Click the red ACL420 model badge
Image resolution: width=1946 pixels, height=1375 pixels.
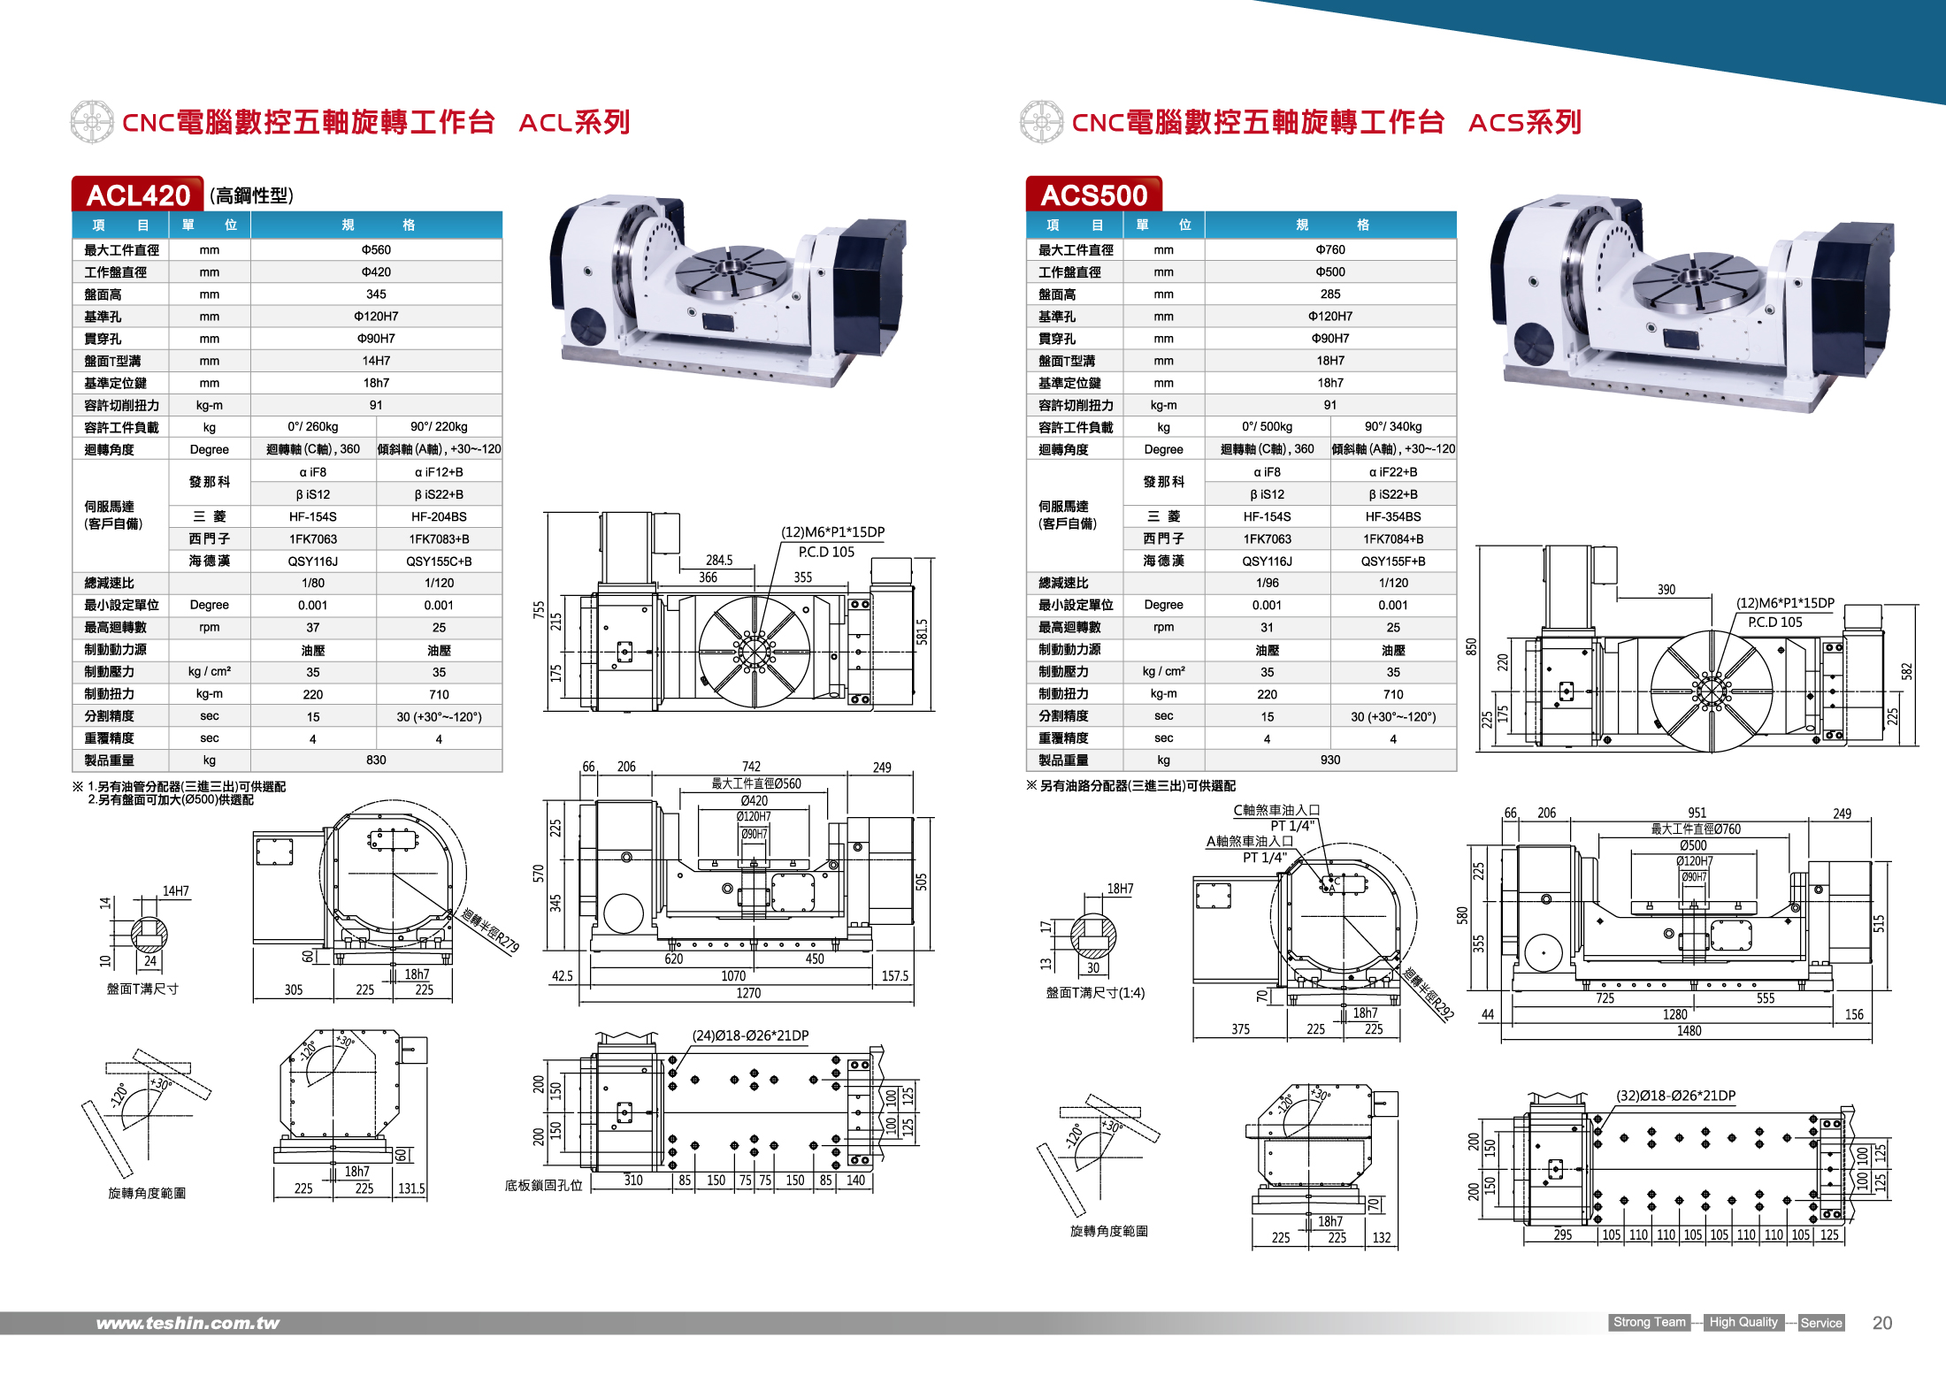tap(138, 195)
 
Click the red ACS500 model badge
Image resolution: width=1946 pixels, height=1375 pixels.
tap(1093, 195)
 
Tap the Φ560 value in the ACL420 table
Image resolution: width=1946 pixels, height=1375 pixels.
tap(376, 250)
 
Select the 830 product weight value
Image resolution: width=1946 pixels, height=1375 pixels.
tap(376, 760)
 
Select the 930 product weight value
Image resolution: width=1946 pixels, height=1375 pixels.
tap(1329, 760)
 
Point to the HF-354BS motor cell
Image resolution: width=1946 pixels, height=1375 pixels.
tap(1392, 516)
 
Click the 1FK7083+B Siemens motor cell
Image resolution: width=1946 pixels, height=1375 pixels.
tap(439, 539)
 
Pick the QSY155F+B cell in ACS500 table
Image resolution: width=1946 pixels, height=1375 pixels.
tap(1392, 561)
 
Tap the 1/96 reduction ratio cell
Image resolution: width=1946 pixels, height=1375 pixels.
tap(1267, 583)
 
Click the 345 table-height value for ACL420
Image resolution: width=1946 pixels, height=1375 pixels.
tap(376, 294)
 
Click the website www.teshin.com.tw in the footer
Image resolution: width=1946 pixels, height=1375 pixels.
tap(188, 1323)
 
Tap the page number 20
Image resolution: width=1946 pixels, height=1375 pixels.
tap(1881, 1323)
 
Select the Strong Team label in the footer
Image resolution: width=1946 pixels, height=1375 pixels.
tap(1649, 1322)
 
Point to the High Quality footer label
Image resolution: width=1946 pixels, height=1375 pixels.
tap(1743, 1322)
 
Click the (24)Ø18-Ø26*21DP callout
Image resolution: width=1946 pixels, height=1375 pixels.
tap(750, 1035)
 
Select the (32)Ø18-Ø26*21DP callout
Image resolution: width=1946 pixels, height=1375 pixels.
tap(1675, 1096)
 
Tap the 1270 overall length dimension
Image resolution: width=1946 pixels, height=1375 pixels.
tap(748, 993)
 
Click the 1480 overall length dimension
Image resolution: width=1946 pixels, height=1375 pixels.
tap(1689, 1031)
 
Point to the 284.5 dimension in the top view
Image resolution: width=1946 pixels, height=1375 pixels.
tap(719, 560)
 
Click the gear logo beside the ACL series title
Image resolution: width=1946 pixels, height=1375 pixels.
tap(92, 122)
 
